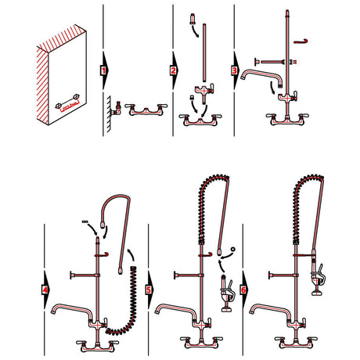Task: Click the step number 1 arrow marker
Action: pos(104,70)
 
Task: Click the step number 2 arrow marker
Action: pos(174,70)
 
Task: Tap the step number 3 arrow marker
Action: pos(235,70)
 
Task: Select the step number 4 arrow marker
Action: pos(45,290)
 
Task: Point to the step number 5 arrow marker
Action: pos(149,290)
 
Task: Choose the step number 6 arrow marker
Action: pos(243,290)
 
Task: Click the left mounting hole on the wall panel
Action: pos(59,106)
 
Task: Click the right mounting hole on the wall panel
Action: pos(76,96)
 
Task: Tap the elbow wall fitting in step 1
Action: pos(117,109)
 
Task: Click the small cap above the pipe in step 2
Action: pos(193,18)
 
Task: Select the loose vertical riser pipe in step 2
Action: pos(204,52)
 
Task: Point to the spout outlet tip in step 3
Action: pos(243,76)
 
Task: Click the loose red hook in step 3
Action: pos(301,41)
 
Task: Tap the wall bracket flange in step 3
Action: pos(256,62)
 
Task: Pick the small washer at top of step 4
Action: pos(85,221)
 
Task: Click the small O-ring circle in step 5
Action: pos(233,249)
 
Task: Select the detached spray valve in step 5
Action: pos(227,293)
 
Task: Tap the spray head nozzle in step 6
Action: pos(317,293)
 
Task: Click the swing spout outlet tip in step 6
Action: pos(252,311)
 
